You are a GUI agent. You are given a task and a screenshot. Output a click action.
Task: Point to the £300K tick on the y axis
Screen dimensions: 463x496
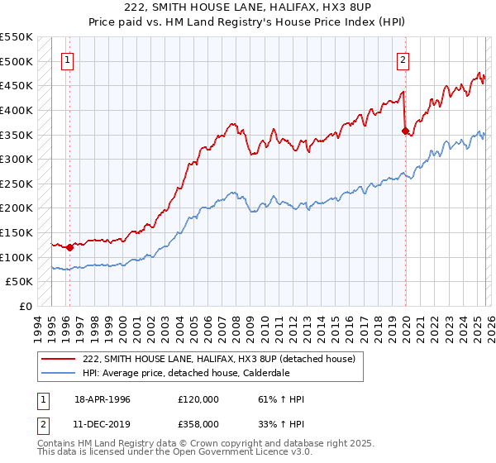point(17,159)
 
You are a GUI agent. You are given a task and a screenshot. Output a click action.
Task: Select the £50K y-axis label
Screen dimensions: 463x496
point(20,282)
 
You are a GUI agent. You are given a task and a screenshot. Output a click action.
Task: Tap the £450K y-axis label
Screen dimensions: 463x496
point(17,85)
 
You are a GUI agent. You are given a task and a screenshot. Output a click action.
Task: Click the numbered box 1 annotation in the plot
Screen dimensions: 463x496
point(67,60)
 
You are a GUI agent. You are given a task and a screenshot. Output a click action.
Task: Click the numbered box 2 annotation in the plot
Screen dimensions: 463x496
point(403,60)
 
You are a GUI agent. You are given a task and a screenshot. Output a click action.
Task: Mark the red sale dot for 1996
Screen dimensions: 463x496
point(69,247)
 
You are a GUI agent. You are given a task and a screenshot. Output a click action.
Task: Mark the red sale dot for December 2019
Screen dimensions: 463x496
point(405,131)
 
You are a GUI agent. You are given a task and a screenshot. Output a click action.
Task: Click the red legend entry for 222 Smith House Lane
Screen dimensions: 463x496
point(218,359)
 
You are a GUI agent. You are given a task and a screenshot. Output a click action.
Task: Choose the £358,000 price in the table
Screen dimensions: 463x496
point(198,423)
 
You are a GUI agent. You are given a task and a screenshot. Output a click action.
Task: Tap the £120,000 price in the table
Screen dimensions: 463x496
point(198,399)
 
